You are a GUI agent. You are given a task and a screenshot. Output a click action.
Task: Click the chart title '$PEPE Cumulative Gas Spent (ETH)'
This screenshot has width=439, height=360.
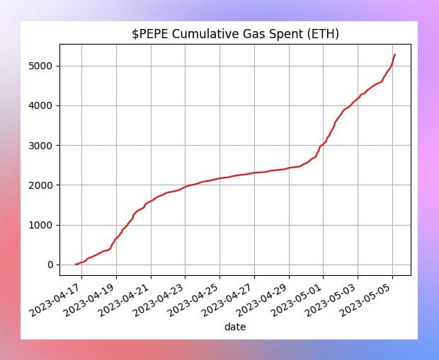(x=235, y=34)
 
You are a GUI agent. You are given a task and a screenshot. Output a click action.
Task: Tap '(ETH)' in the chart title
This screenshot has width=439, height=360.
(x=322, y=34)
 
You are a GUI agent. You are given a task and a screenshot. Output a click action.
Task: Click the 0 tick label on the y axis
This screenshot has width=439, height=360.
(x=50, y=265)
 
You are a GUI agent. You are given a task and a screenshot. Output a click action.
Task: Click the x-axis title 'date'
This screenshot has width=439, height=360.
(x=235, y=327)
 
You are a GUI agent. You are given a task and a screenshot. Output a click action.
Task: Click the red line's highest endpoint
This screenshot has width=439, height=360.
(x=395, y=54)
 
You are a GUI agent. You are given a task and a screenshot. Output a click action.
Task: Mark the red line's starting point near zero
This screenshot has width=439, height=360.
(x=76, y=264)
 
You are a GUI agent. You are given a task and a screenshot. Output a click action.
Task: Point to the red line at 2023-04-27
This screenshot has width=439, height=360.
(x=254, y=173)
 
